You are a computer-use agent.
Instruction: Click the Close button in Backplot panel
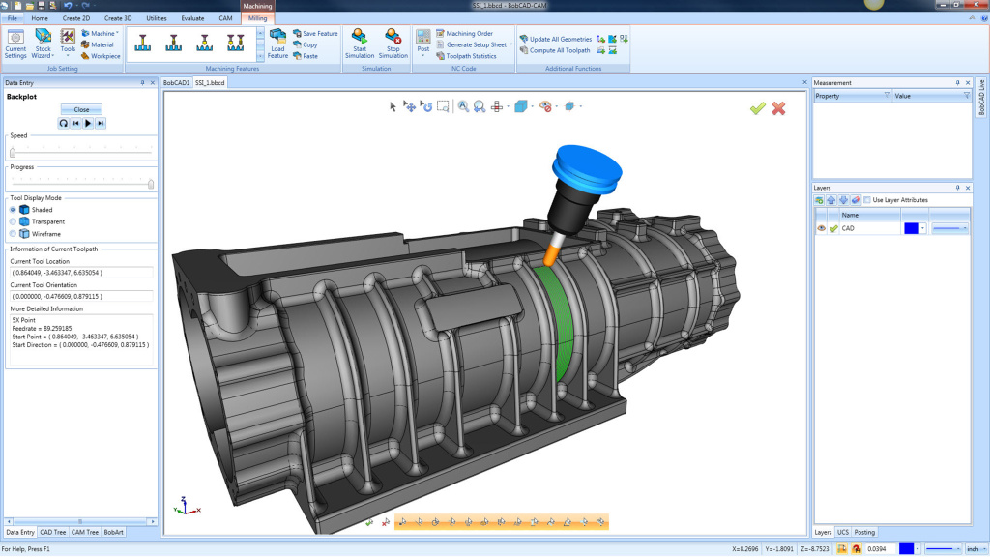81,109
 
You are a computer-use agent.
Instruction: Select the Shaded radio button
14,209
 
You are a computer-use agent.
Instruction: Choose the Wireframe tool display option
14,234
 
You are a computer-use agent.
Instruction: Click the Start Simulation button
360,44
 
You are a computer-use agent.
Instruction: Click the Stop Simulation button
393,44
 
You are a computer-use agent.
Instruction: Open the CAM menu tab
225,18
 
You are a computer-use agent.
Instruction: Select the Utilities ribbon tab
156,18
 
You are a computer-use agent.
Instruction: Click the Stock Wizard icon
43,44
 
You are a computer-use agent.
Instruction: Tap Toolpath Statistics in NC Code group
471,56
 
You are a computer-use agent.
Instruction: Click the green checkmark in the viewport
758,108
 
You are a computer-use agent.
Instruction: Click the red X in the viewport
778,108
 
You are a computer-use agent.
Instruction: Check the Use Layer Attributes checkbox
866,200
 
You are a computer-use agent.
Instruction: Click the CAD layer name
848,229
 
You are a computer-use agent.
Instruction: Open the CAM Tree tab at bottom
84,532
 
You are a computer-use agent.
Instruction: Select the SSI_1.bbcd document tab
210,83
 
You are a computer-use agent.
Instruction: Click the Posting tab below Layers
864,532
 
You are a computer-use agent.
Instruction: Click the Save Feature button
319,33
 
